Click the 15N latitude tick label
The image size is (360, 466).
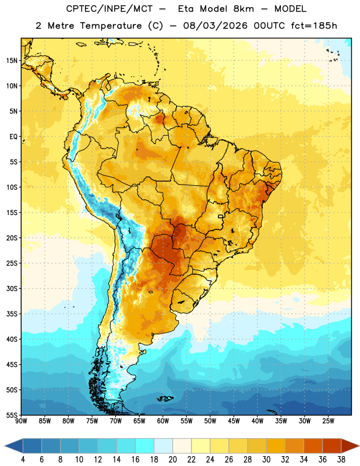(x=12, y=61)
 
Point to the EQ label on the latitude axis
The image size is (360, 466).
(x=13, y=137)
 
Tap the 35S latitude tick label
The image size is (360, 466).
(x=12, y=314)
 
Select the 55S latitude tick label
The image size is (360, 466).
(x=12, y=415)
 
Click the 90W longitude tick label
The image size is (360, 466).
(x=21, y=421)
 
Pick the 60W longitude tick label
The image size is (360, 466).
(x=163, y=421)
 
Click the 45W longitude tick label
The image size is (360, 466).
(x=234, y=421)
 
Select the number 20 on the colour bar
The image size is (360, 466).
(x=172, y=460)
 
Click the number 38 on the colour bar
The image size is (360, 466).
(x=341, y=460)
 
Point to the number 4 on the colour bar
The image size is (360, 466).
(x=23, y=460)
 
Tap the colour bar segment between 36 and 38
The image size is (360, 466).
(x=332, y=446)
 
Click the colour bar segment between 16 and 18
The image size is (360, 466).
(x=145, y=446)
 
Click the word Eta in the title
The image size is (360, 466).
(x=186, y=9)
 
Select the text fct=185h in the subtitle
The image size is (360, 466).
(x=314, y=26)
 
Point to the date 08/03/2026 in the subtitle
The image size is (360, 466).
(x=215, y=26)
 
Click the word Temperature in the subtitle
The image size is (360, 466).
(x=111, y=26)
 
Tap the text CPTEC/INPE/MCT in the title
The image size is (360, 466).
(x=109, y=9)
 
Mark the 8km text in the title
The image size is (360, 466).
(x=243, y=9)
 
